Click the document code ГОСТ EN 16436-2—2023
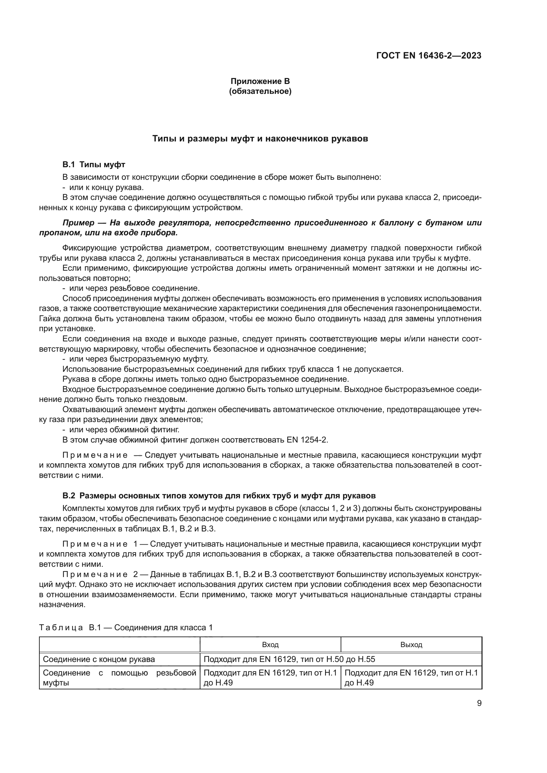(428, 56)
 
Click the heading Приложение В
(260, 81)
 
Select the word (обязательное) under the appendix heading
(260, 91)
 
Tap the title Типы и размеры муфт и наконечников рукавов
(260, 139)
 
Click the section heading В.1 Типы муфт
(94, 165)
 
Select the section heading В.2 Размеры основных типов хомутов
(219, 496)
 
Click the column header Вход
(270, 645)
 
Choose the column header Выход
(411, 645)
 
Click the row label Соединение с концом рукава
(99, 659)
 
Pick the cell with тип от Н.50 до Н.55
(289, 659)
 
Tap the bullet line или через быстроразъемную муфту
(139, 359)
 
